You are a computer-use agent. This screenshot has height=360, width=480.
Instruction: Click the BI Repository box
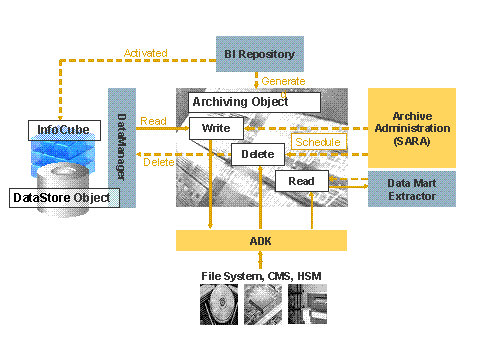click(x=259, y=53)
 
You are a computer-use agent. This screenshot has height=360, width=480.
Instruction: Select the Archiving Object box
click(x=255, y=102)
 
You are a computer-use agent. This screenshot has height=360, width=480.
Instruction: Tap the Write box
click(x=216, y=129)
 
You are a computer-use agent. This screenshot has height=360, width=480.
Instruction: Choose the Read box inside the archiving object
click(x=302, y=181)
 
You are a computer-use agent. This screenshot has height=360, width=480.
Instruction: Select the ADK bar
click(x=261, y=240)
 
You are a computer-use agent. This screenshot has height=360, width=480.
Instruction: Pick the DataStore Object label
click(x=61, y=198)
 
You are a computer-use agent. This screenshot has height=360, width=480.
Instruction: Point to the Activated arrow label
click(x=145, y=53)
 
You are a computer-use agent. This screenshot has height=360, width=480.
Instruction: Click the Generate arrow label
click(x=285, y=81)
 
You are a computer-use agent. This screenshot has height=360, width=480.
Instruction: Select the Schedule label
click(x=319, y=142)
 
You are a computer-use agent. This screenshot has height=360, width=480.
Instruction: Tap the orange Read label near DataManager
click(x=153, y=120)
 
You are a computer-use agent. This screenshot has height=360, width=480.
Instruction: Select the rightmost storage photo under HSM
click(x=306, y=307)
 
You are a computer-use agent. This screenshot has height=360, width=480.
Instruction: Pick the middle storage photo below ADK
click(x=262, y=307)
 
